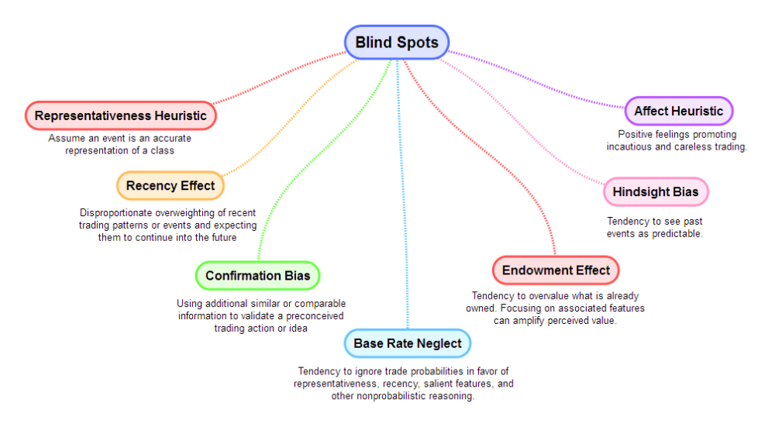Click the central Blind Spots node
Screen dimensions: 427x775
(x=397, y=42)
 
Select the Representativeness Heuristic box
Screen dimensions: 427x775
(x=120, y=116)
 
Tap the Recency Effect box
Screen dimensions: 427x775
(x=170, y=186)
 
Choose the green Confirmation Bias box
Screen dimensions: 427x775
(x=257, y=276)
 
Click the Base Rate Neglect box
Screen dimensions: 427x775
(x=407, y=343)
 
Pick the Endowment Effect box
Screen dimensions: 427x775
(x=556, y=270)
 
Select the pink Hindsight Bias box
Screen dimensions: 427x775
(x=656, y=192)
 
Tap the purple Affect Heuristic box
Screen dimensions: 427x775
(x=678, y=112)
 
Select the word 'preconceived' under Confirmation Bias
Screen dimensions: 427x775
(x=316, y=315)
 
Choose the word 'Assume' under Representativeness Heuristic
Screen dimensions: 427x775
(x=64, y=138)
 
